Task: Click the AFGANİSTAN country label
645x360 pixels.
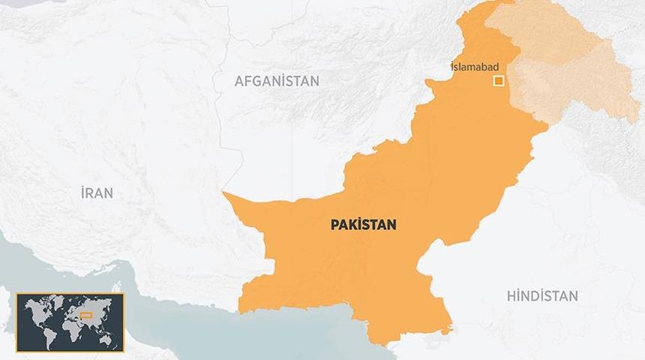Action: pos(277,81)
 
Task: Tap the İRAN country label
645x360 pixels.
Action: pos(96,193)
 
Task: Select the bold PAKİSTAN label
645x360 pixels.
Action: pos(364,223)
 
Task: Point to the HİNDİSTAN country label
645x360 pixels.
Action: pos(542,295)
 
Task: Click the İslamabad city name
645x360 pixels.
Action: pos(474,67)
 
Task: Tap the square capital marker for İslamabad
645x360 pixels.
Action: pos(497,81)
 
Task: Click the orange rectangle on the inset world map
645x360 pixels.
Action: pos(86,315)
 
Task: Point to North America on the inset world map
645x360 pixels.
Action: pos(35,309)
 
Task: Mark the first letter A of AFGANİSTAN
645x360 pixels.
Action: pos(238,81)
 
